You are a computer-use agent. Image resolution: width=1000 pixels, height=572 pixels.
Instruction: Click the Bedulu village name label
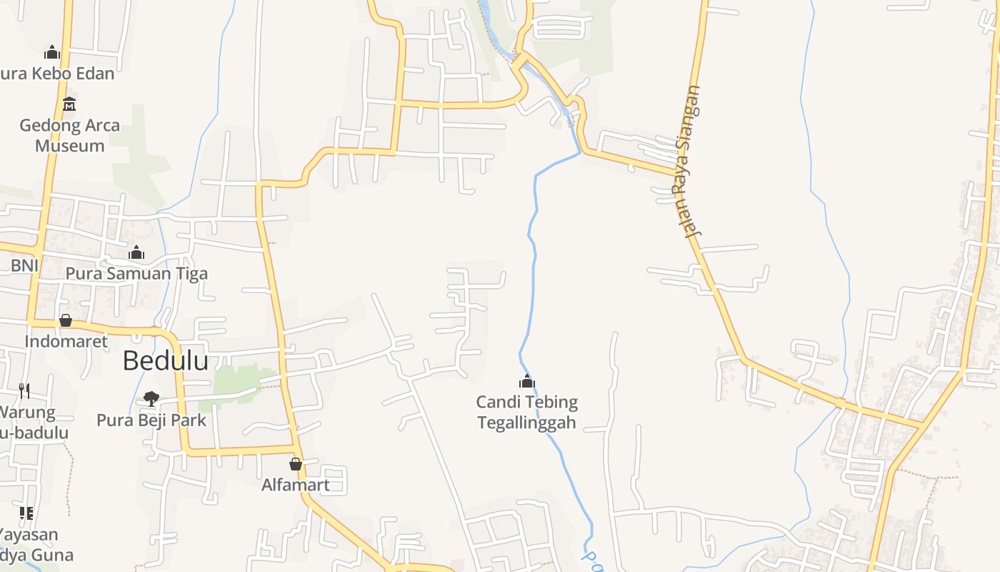tap(166, 361)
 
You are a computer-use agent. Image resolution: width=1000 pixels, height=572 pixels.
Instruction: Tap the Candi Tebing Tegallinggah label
tap(527, 413)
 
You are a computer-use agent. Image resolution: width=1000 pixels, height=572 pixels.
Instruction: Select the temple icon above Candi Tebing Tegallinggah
tap(527, 381)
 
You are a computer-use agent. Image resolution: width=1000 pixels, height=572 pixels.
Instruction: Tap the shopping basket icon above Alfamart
tap(296, 464)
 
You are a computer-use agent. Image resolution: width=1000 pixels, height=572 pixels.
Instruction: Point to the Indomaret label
tap(66, 341)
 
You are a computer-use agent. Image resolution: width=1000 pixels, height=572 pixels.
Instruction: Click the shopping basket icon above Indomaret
tap(66, 320)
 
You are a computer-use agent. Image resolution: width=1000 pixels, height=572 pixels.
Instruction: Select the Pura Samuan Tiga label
tap(136, 273)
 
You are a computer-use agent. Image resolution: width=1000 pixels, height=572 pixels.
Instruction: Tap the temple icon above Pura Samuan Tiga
tap(136, 252)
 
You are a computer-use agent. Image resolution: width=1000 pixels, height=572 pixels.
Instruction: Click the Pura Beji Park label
tap(151, 420)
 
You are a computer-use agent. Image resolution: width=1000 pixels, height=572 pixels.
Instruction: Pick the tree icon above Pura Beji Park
tap(151, 398)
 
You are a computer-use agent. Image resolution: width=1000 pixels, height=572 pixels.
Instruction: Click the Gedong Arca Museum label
tap(70, 135)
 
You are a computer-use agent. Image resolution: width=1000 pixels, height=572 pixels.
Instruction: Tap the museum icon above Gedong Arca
tap(69, 104)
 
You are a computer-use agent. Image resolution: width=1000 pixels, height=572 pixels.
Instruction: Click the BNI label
tap(24, 266)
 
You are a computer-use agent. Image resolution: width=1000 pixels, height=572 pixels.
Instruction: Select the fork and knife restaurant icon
tap(24, 390)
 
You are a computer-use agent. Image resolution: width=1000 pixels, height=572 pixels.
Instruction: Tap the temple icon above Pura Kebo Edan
tap(51, 52)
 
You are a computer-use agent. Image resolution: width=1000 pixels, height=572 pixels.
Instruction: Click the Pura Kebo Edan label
tap(57, 73)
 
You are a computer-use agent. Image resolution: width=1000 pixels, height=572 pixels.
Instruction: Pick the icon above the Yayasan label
tap(26, 513)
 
